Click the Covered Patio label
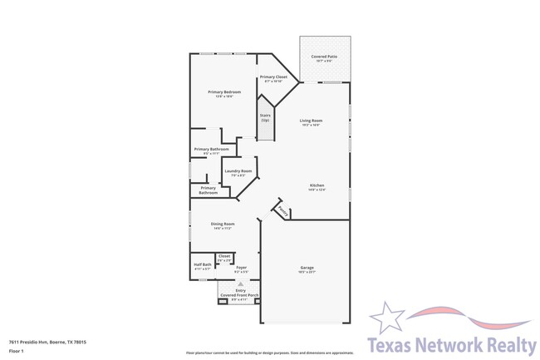pos(324,56)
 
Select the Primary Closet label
pos(273,76)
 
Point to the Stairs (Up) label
pos(265,116)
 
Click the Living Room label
pos(311,121)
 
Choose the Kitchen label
pos(317,185)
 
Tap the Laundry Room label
pos(237,170)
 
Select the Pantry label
pos(283,211)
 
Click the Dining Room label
pos(222,224)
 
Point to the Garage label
pos(307,268)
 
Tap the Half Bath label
pos(203,265)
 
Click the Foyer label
pos(241,267)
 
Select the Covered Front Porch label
pos(240,294)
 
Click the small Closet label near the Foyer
pos(224,256)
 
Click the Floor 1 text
pos(17,352)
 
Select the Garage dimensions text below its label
pos(307,273)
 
